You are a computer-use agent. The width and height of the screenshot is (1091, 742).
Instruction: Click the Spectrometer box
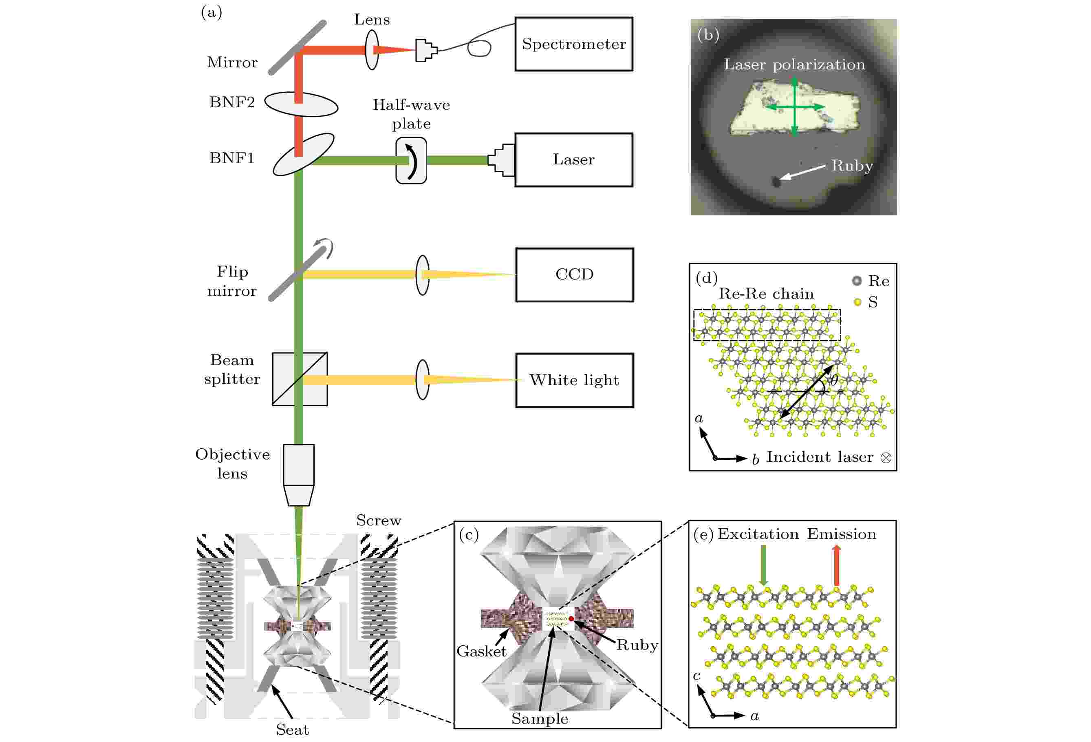point(574,44)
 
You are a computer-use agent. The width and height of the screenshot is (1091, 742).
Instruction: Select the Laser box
point(574,160)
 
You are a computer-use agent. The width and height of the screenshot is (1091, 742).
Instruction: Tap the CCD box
point(574,275)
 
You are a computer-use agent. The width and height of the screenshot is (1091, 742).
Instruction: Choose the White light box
point(574,380)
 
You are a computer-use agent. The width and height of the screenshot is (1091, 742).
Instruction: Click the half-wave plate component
point(411,161)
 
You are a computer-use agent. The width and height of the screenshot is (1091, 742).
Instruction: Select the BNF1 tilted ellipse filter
point(303,155)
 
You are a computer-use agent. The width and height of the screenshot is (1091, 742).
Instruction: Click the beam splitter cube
point(300,379)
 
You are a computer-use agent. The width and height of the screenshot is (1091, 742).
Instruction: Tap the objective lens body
point(299,475)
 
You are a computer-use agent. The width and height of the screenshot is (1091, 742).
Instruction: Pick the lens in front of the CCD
point(423,275)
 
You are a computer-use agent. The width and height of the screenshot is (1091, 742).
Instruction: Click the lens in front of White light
point(423,380)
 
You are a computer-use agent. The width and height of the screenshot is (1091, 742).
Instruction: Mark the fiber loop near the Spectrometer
point(479,48)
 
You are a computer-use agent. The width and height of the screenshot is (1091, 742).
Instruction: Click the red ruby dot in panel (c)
point(571,618)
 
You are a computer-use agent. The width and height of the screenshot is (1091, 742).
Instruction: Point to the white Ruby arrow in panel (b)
point(802,172)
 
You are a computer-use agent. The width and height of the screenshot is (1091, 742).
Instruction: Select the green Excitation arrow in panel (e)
point(763,565)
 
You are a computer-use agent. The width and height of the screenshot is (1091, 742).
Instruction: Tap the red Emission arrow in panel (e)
point(836,565)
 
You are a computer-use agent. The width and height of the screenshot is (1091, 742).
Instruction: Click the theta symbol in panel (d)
point(834,380)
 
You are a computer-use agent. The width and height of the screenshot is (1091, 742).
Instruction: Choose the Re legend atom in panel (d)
point(857,281)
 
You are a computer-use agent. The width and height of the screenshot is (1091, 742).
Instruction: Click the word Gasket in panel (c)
point(482,651)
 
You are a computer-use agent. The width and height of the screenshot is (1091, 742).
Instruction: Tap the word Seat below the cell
point(293,730)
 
